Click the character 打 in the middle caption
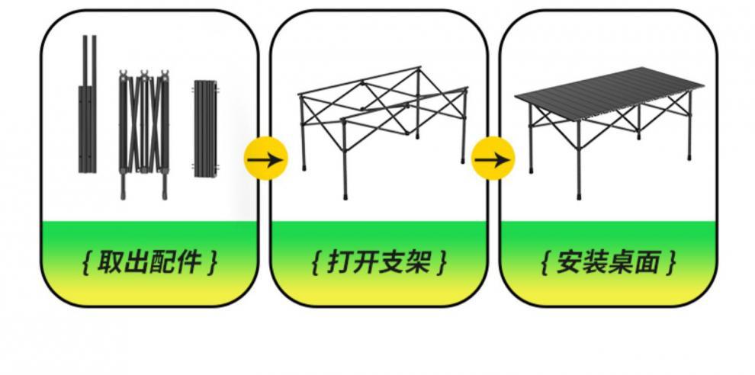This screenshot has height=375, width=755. click(340, 263)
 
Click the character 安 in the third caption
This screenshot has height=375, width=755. click(569, 263)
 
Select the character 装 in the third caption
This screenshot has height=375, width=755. click(596, 263)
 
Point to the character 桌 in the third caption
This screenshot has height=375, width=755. click(622, 263)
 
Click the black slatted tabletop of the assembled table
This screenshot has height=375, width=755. click(610, 88)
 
